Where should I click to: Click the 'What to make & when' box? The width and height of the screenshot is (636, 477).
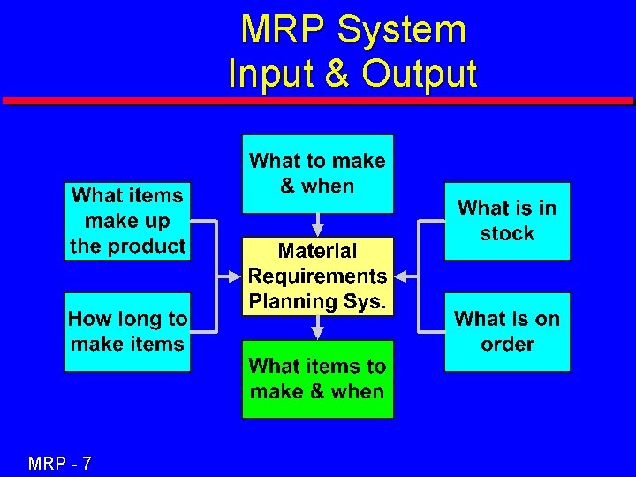317,173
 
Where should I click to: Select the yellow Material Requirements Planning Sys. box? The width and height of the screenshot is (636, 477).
317,276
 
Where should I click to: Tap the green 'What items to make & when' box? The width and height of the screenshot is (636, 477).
317,379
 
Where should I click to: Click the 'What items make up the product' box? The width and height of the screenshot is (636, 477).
127,221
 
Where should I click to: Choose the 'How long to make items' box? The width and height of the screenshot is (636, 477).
127,331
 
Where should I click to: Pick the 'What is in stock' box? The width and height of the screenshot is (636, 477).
507,221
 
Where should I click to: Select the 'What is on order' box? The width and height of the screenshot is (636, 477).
507,331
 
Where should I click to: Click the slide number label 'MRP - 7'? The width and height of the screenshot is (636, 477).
60,463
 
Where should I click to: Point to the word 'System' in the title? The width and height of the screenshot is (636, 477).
401,31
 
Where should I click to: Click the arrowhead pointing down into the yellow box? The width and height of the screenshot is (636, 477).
318,229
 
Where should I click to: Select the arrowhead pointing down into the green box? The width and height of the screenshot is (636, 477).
318,333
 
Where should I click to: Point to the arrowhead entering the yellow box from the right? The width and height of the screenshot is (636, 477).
402,276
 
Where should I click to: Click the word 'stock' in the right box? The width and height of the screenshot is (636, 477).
507,234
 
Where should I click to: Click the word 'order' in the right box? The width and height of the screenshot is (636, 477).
507,344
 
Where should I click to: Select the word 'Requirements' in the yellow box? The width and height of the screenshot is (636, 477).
317,276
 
